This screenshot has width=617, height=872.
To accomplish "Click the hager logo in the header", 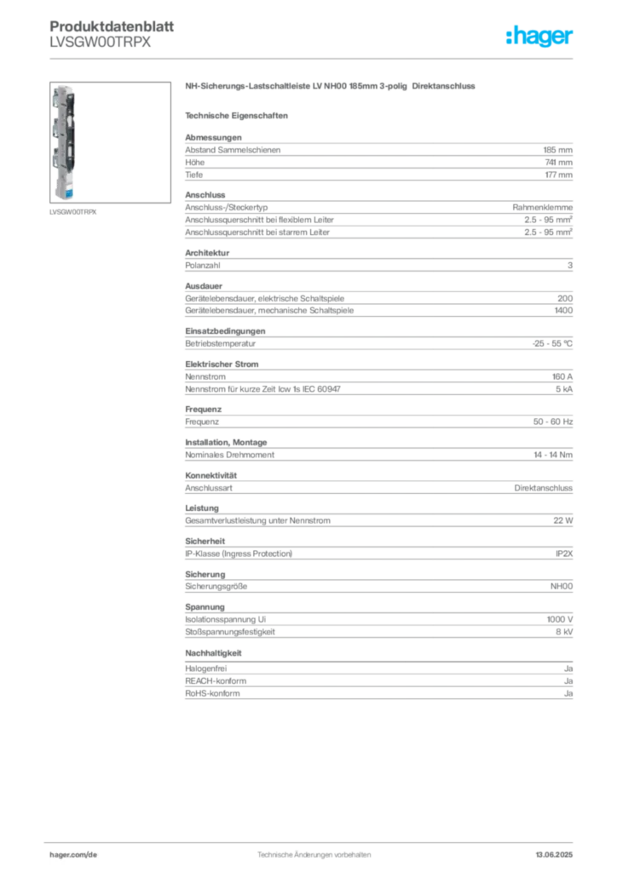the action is click(539, 37).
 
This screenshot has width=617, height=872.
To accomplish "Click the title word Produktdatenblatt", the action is click(112, 26).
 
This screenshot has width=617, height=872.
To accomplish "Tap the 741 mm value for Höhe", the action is click(558, 163).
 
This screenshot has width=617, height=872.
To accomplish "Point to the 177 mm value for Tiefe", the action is click(558, 175).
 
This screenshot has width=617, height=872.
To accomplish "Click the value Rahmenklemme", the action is click(543, 208).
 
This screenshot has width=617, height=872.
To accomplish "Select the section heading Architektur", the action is click(207, 252).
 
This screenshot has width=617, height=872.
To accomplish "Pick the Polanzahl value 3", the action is click(570, 266).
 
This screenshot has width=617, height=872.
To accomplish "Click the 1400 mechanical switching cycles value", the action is click(563, 310).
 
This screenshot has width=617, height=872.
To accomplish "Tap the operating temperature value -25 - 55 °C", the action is click(552, 344).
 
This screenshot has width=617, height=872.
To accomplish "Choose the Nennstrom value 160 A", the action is click(562, 376).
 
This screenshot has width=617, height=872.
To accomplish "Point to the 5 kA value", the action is click(564, 389).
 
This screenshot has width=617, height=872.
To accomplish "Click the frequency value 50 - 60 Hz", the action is click(552, 422).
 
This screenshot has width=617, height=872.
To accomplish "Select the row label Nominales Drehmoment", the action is click(230, 455).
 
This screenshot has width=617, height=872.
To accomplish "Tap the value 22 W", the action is click(563, 520).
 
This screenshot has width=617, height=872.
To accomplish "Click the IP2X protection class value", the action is click(564, 554).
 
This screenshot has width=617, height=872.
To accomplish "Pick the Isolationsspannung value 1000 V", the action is click(560, 620).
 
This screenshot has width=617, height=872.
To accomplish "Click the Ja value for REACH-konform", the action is click(568, 681).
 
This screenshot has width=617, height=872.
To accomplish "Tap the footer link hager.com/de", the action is click(73, 855).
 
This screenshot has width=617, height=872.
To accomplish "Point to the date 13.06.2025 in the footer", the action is click(554, 855).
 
